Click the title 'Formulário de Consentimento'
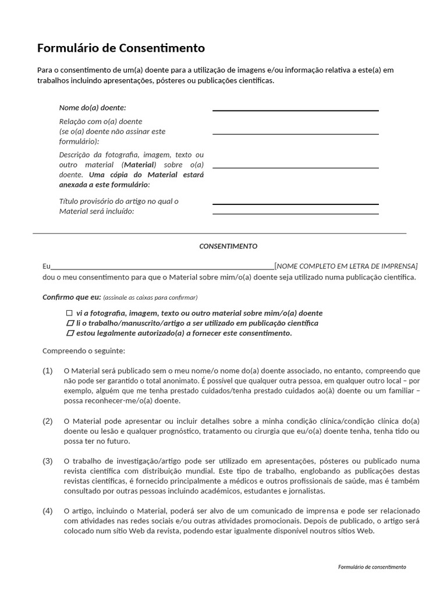[x=121, y=48]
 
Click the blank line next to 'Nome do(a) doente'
[x=295, y=109]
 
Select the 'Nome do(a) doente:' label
[x=93, y=108]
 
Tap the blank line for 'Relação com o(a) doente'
[x=295, y=133]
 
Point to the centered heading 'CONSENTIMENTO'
[x=228, y=246]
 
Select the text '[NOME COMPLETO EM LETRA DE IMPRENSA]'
[x=346, y=266]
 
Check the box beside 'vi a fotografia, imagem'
[x=70, y=313]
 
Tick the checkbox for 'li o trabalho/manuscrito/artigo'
[x=70, y=323]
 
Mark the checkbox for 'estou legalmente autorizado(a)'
[x=70, y=334]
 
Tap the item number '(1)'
[x=48, y=371]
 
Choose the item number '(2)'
[x=48, y=421]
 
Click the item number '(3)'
[x=48, y=461]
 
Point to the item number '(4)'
[x=48, y=511]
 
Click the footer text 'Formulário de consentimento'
[x=371, y=567]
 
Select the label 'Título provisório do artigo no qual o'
[x=119, y=201]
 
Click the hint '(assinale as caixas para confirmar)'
[x=150, y=297]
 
